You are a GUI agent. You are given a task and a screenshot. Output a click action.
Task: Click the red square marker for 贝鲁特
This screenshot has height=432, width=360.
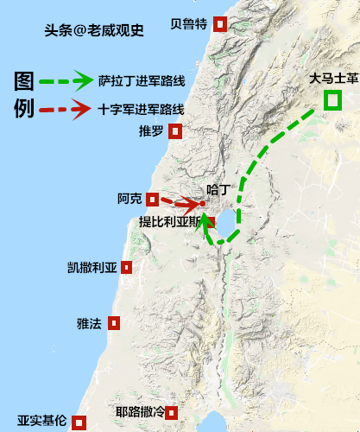point(221,24)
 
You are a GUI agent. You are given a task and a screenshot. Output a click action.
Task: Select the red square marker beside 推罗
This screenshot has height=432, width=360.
point(175,132)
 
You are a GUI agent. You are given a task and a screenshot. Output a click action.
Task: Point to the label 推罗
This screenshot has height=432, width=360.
point(150,132)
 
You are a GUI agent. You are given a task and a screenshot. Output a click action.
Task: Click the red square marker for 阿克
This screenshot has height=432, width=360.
point(153,199)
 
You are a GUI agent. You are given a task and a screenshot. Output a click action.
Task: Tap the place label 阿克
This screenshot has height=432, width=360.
point(130,199)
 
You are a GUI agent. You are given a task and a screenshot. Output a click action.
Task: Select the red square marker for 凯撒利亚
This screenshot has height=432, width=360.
point(127,268)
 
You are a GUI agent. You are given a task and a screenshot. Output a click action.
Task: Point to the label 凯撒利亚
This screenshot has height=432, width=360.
point(92,268)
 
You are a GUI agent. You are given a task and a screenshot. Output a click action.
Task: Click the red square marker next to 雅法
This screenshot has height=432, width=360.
point(114,323)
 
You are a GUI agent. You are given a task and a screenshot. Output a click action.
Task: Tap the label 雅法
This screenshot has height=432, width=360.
point(89,324)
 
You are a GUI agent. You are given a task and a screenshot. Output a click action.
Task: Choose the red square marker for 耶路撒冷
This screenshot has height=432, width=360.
point(172,412)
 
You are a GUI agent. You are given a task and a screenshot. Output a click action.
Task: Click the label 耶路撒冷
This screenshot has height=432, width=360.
point(140,412)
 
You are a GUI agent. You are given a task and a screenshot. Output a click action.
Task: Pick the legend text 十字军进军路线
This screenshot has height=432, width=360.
point(142,110)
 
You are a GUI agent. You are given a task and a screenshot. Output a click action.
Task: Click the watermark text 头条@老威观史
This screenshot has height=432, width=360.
point(94,30)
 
